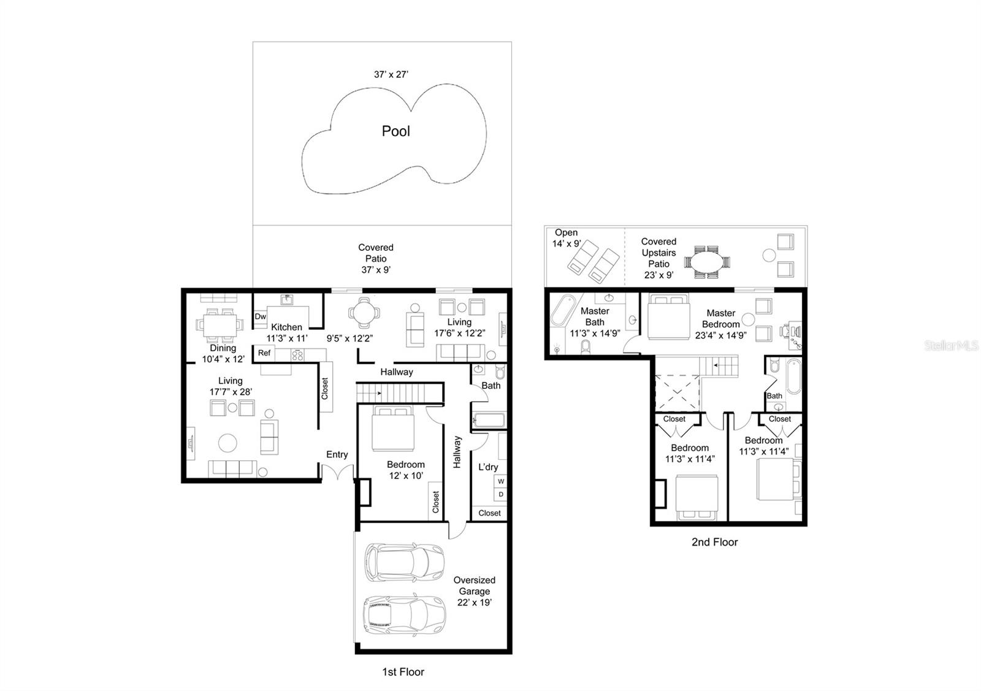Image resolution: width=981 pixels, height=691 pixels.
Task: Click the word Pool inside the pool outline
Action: pos(395,131)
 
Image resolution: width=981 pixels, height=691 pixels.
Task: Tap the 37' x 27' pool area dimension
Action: pos(391,74)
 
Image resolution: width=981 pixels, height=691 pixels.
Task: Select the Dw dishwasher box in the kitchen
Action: pos(261,316)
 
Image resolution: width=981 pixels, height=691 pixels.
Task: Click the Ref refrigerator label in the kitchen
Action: pos(264,353)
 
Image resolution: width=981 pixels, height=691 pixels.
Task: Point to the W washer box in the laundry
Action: pos(501,481)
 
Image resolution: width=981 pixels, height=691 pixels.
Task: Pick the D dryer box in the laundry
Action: pos(501,494)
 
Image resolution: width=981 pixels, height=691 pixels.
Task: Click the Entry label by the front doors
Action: pos(337,454)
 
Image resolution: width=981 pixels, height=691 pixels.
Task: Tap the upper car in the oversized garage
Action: pos(404,561)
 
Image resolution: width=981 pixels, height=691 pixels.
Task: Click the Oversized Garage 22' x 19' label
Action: pos(474,591)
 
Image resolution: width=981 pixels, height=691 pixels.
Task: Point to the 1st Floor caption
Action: pos(403,672)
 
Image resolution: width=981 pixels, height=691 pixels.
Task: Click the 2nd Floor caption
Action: pos(714,542)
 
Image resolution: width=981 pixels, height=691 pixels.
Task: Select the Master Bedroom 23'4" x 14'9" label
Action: pos(720,324)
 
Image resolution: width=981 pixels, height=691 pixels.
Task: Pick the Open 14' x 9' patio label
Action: pos(566,238)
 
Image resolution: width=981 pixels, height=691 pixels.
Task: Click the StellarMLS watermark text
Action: pos(951,346)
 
